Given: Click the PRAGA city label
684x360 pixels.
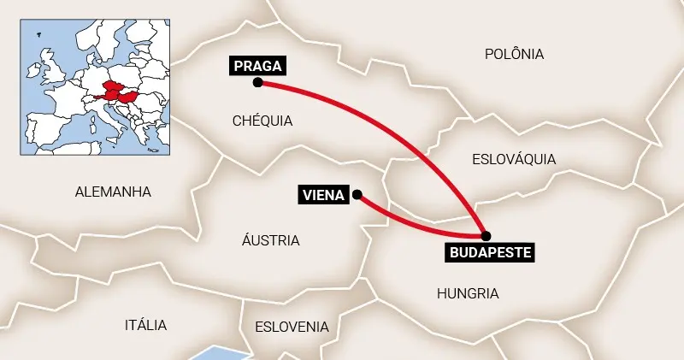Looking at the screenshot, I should [256, 65].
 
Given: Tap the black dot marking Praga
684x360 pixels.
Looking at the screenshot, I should [257, 83].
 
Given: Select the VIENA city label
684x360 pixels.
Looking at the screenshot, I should [323, 195].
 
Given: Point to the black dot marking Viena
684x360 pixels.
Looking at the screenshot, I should [357, 194].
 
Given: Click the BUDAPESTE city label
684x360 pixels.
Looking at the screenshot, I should [491, 252].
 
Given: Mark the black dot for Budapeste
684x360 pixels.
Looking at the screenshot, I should [486, 235].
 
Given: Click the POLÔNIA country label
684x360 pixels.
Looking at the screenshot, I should [514, 54].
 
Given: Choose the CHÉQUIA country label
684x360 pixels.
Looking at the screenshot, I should [262, 121].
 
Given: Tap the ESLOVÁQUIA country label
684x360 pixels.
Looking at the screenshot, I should [514, 159].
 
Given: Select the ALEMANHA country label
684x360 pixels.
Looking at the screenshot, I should [113, 192].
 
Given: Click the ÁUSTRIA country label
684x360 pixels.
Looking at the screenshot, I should [271, 240].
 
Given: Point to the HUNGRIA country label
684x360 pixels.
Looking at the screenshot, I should [468, 293].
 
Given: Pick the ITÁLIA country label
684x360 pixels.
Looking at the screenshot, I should [145, 325].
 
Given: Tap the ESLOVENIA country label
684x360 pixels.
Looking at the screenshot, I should [292, 327].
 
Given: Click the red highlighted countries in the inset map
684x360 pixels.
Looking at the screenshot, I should [118, 91].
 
